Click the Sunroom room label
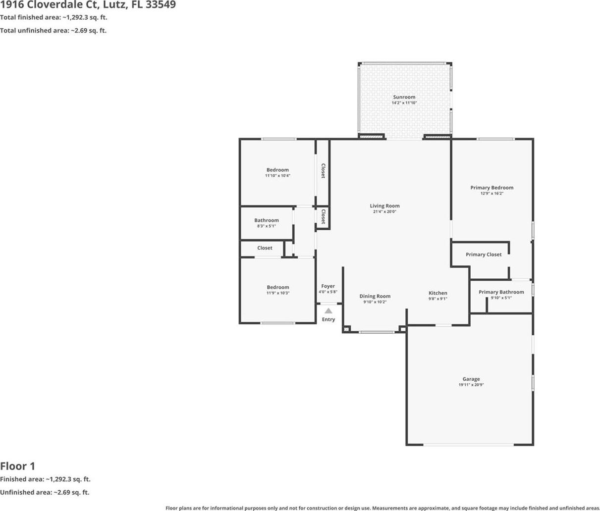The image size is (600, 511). pos(404,97)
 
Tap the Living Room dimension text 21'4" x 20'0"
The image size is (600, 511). pos(384,211)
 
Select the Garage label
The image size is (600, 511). pos(471,379)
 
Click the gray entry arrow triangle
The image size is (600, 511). pos(328,311)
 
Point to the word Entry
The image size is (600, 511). pos(328,319)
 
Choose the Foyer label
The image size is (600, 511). pos(328,286)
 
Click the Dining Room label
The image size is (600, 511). pos(375,296)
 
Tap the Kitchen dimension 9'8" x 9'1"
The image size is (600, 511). pos(437,299)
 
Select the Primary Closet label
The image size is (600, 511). pos(484,255)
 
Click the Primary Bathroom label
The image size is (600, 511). pos(501,292)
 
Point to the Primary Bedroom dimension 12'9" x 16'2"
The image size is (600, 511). pos(491,193)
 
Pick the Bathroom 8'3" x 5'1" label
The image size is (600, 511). pos(267,223)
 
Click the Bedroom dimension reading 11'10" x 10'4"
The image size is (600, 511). pos(277,176)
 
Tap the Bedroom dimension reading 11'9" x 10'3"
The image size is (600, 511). pos(278,293)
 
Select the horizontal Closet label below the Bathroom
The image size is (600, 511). pos(265,248)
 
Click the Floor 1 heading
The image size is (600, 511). pos(17,466)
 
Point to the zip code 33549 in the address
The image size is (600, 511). pos(161,4)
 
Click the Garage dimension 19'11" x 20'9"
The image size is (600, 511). pos(471,385)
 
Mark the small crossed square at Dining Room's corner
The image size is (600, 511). pos(346,329)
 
